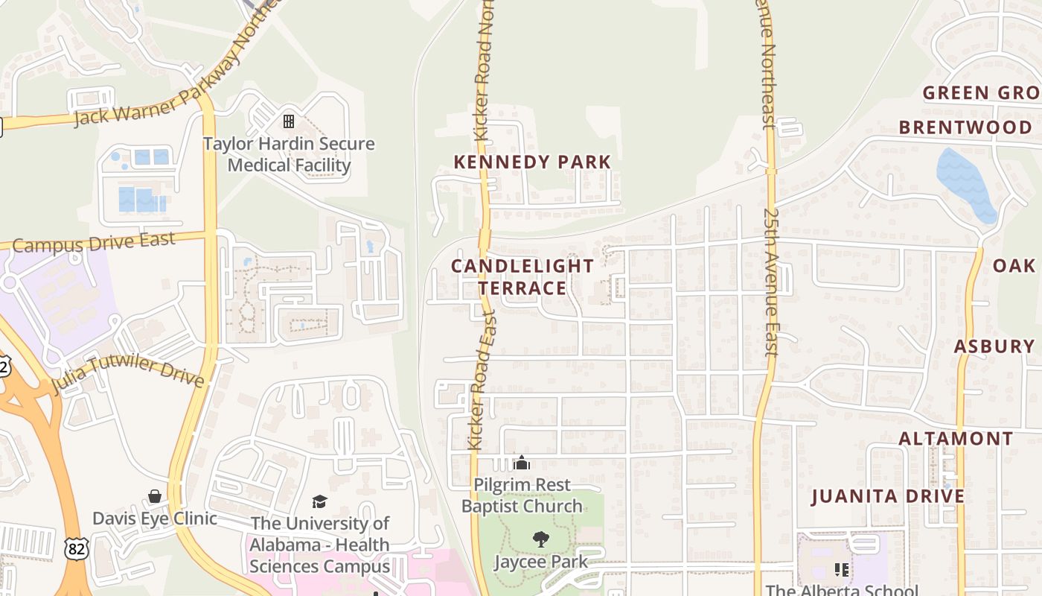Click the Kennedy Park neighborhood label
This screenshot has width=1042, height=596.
coord(532,162)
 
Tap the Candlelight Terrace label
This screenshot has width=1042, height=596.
coord(522,276)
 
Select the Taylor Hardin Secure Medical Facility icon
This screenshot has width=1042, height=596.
coord(289,121)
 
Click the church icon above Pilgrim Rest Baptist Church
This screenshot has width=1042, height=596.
coord(522,463)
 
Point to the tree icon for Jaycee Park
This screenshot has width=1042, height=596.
coord(541,539)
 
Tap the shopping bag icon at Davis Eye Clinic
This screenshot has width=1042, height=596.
coord(155,496)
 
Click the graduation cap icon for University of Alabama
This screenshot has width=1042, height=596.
coord(319,501)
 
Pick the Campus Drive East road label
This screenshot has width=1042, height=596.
coord(94,243)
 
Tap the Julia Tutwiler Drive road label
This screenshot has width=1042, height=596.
coord(127,372)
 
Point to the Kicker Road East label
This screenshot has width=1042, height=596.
coord(481,380)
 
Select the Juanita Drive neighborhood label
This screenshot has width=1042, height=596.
coord(887,496)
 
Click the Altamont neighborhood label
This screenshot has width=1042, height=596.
coord(956,439)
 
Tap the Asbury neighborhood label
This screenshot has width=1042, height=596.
coord(994,346)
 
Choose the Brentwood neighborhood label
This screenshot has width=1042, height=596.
coord(965,127)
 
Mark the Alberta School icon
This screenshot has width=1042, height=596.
coord(842,570)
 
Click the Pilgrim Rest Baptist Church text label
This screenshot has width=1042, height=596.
coord(522,495)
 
